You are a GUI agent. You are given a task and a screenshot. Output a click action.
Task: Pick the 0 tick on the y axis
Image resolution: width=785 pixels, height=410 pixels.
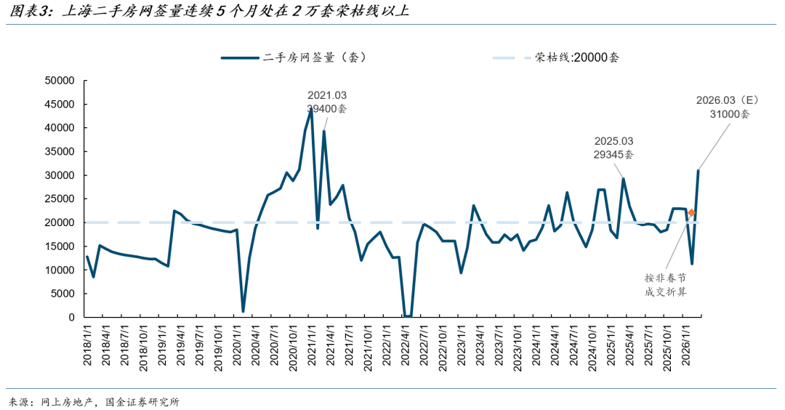[x=71, y=318]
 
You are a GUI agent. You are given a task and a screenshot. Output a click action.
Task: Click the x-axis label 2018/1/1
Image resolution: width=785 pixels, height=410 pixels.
[x=87, y=347]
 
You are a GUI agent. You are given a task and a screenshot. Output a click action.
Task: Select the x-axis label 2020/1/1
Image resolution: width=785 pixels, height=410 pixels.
[x=238, y=347]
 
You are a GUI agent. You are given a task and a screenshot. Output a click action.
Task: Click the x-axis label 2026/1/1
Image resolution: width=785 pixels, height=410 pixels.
[x=688, y=347]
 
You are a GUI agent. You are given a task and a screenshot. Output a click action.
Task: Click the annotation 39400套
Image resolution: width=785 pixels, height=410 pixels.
[x=327, y=109]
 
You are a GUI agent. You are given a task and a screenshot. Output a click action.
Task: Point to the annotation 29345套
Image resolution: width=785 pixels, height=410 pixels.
[x=613, y=154]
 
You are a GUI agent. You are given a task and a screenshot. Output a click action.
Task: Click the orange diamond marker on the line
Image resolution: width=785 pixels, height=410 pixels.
[x=691, y=213]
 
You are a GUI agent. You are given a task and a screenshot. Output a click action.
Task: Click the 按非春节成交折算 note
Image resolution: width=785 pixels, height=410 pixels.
[x=666, y=284]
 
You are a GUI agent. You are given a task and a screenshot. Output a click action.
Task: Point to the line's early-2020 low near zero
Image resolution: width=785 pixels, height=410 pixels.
[x=243, y=311]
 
